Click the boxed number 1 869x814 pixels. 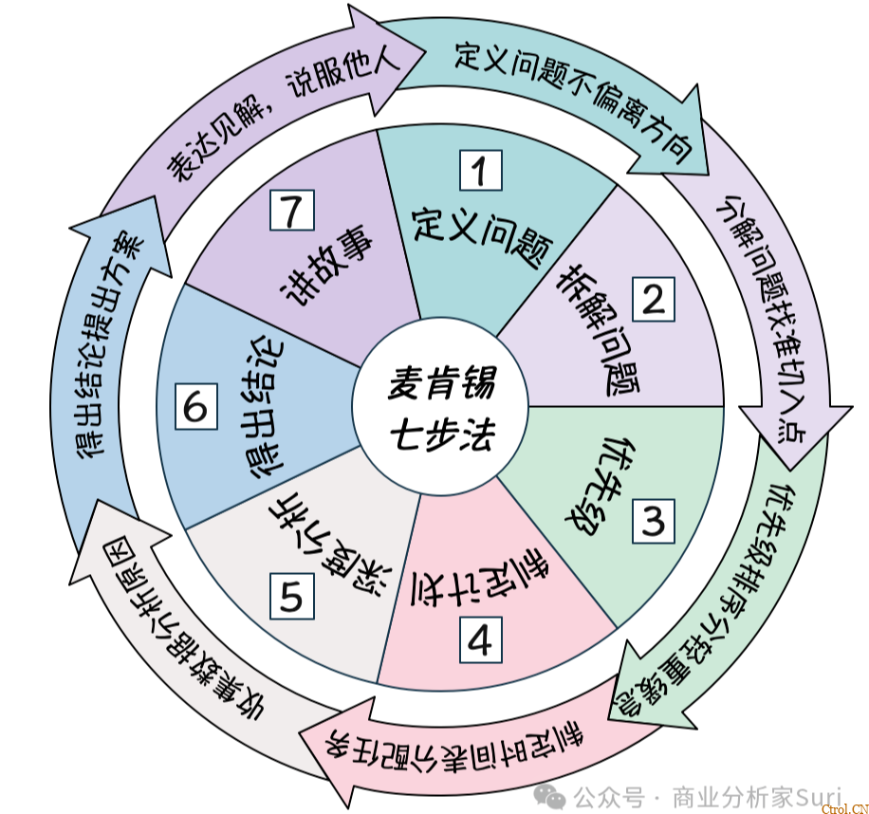[x=480, y=170]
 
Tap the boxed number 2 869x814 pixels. [x=654, y=299]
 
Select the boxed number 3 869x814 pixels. [x=654, y=521]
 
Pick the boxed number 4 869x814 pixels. [x=480, y=640]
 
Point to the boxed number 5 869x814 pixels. [x=292, y=596]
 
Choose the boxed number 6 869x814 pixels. [x=195, y=407]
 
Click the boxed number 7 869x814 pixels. [x=292, y=210]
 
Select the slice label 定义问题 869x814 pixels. [x=482, y=236]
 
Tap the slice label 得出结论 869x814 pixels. [x=265, y=407]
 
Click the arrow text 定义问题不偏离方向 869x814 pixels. [x=574, y=100]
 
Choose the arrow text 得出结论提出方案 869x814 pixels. [x=108, y=344]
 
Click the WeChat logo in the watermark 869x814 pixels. [x=548, y=799]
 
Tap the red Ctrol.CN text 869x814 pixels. [x=845, y=809]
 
